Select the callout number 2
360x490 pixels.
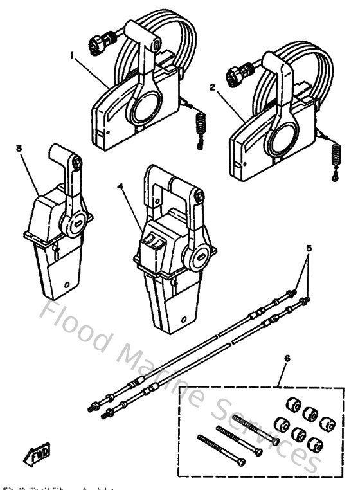[213, 86]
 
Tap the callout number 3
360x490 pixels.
[19, 149]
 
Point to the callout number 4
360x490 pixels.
[120, 187]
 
